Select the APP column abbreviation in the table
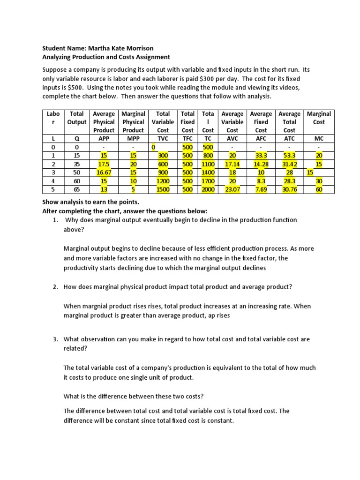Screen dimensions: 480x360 (x=104, y=138)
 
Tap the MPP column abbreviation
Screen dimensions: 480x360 (x=133, y=138)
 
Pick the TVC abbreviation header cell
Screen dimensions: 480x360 (x=163, y=138)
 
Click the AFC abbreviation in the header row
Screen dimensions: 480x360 (x=261, y=138)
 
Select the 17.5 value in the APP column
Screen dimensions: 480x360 (x=104, y=164)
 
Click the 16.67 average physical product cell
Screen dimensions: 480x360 (x=104, y=172)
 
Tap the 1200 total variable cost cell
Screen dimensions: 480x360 (x=163, y=180)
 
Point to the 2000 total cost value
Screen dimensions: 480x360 (x=208, y=189)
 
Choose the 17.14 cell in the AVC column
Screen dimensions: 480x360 (x=232, y=164)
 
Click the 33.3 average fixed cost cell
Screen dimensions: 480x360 (x=261, y=156)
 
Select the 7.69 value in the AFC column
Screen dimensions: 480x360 (x=261, y=189)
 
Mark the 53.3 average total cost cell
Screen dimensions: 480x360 (x=289, y=156)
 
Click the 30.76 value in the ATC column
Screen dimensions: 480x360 (x=289, y=189)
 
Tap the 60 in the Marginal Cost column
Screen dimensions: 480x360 (x=319, y=189)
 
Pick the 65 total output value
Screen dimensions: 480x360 (x=77, y=189)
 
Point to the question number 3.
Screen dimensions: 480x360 (x=55, y=339)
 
